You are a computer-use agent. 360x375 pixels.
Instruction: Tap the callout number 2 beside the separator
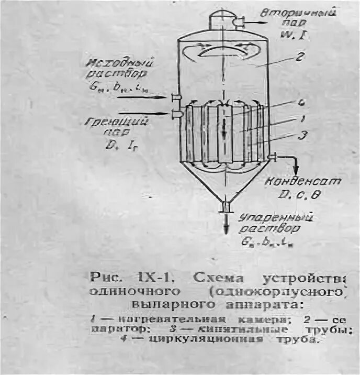click(299, 58)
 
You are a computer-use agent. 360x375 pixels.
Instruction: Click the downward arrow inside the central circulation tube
click(224, 128)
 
